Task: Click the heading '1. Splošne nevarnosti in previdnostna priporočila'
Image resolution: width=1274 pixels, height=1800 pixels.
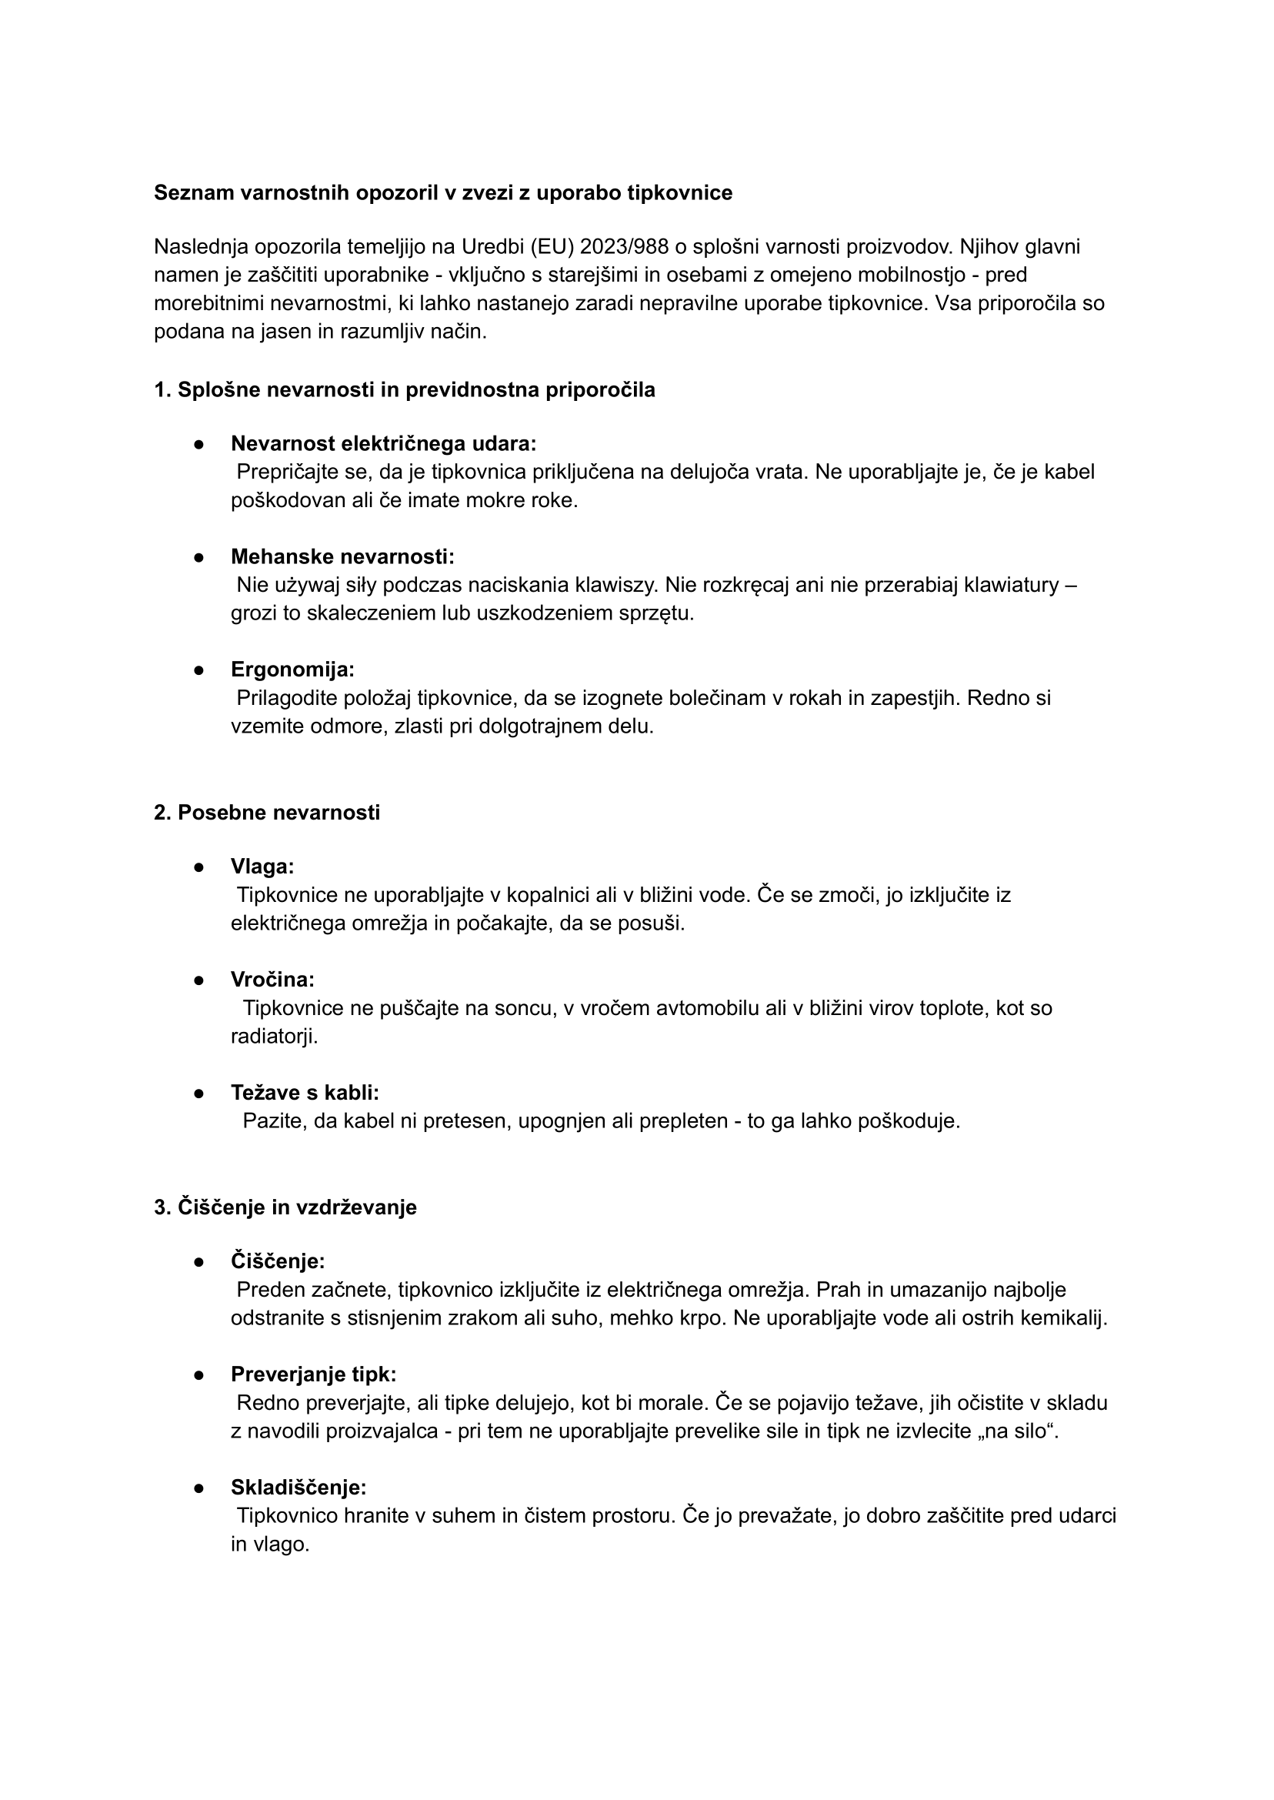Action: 404,389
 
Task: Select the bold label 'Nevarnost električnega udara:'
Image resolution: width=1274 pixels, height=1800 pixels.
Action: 384,443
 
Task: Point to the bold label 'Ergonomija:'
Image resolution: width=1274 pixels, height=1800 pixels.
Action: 292,670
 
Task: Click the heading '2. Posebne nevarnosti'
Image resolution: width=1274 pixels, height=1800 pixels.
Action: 267,812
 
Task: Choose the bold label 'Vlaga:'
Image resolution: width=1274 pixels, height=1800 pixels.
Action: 262,867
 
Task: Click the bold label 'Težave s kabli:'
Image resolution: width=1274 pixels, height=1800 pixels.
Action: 305,1092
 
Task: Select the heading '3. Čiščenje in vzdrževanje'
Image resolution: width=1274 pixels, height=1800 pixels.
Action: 285,1207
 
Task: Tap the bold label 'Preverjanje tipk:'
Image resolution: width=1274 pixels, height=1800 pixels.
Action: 313,1374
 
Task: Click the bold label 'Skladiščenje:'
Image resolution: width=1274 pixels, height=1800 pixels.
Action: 298,1487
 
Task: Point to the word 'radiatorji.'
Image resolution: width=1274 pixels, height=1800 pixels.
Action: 274,1036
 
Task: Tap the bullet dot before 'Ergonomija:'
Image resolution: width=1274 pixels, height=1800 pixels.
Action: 199,670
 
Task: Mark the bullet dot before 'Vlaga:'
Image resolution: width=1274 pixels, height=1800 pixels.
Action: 199,867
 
